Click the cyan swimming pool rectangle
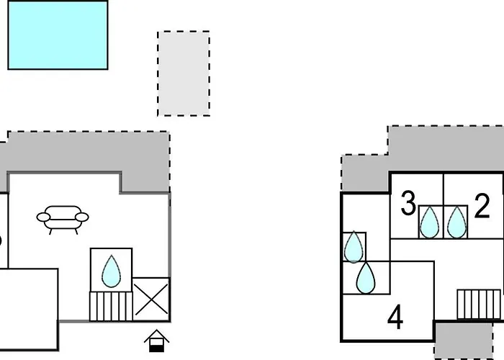(x=58, y=35)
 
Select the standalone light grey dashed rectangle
(x=184, y=73)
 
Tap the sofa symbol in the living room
(x=63, y=220)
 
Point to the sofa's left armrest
(x=43, y=217)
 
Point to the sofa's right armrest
(x=82, y=217)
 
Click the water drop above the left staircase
(x=111, y=271)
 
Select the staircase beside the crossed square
(x=111, y=306)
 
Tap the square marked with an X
(x=151, y=300)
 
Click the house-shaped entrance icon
(x=156, y=341)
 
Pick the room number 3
(x=408, y=204)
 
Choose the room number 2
(x=482, y=206)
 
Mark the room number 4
(x=395, y=318)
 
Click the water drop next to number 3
(x=430, y=222)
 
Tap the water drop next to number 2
(x=456, y=222)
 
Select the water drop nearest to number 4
(x=366, y=278)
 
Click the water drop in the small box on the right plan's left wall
(x=354, y=247)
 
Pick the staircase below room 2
(x=479, y=305)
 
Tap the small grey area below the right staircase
(x=464, y=341)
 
